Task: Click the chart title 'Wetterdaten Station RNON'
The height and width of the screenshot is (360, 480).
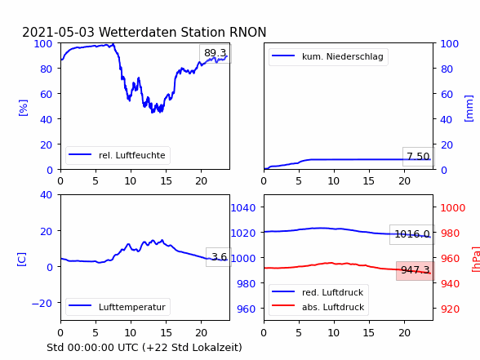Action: coord(183,32)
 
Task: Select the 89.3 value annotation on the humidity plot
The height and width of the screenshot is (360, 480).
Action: coord(216,53)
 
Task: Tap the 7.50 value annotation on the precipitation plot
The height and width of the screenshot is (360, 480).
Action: coord(418,157)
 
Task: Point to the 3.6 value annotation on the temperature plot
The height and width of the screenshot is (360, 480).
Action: coord(219,256)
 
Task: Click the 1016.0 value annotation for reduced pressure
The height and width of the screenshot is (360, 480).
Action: coord(412,234)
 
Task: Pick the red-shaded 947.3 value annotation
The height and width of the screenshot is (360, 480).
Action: coord(415,270)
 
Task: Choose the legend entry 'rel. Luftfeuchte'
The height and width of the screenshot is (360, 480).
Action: coord(132,155)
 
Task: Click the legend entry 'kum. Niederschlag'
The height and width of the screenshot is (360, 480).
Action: coord(343,56)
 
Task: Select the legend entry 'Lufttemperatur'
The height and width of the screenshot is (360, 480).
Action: coord(132,307)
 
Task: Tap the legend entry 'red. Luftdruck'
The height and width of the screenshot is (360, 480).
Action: coord(332,292)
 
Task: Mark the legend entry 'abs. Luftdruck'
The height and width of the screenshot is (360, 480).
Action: coord(333,307)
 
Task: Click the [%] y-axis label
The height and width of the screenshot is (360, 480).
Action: coord(23,108)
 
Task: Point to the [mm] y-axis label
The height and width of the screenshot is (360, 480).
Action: coord(469,109)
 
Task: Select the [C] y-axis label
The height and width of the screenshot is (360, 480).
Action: coord(22,260)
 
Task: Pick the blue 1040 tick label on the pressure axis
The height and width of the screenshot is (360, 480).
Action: coord(243,208)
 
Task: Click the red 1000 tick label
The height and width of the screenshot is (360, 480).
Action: coord(453,208)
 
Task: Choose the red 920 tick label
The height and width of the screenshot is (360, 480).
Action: coord(450,309)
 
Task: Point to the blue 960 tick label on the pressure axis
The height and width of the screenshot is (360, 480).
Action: coord(247,309)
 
